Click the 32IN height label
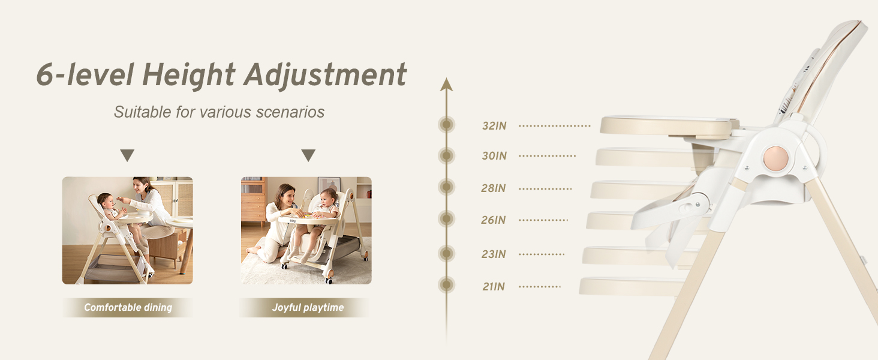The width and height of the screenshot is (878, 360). (494, 126)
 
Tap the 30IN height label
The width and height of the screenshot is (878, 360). (494, 155)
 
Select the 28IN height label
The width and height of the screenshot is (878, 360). (493, 188)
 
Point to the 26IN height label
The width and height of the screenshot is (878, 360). (493, 220)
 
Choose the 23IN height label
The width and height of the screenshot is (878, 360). (494, 254)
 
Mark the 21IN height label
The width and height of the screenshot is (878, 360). (494, 287)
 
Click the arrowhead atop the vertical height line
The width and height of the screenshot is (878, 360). (446, 85)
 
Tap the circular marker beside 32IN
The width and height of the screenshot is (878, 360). (446, 125)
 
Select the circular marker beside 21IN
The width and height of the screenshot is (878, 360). (446, 285)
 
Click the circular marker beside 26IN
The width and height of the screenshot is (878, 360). (446, 218)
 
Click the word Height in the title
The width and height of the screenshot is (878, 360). (188, 75)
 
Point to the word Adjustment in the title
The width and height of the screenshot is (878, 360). (325, 75)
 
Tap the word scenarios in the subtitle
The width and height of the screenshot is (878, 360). (290, 112)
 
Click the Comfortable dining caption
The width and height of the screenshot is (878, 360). (128, 307)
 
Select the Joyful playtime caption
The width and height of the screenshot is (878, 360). (308, 307)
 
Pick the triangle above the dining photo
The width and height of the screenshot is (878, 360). (127, 155)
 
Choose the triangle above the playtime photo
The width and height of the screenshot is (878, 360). (308, 155)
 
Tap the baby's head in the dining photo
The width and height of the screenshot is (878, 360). (106, 201)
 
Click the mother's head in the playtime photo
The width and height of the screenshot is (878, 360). (285, 194)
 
